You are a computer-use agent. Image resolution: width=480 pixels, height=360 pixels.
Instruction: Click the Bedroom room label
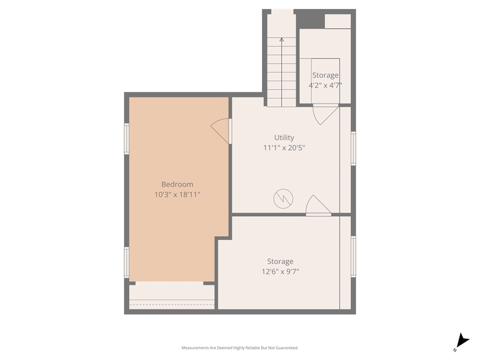click(x=177, y=184)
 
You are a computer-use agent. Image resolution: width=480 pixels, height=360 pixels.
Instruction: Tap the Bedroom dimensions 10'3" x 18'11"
click(x=177, y=194)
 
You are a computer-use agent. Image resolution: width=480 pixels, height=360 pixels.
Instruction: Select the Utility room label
click(x=284, y=138)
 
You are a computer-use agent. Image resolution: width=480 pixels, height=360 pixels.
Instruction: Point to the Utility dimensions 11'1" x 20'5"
click(x=284, y=148)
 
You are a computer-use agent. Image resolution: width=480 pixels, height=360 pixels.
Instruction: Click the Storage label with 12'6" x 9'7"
click(x=280, y=261)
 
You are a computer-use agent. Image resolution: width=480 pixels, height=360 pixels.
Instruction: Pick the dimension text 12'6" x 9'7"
click(x=280, y=272)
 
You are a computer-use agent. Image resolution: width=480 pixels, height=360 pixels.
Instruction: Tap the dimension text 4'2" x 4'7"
click(x=325, y=85)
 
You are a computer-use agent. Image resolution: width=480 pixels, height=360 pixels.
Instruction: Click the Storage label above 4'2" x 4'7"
click(x=325, y=75)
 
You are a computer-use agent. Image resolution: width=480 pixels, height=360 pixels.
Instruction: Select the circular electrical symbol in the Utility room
click(x=283, y=199)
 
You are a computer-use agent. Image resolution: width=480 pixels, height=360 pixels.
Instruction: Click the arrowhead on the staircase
click(x=282, y=39)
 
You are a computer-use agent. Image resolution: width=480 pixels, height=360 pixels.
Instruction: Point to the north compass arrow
click(x=461, y=342)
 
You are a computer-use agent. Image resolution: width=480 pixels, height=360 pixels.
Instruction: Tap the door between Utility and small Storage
click(x=326, y=115)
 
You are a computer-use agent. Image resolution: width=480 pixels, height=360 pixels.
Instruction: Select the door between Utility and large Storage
click(x=318, y=205)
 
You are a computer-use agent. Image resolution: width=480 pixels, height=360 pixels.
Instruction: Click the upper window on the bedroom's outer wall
click(x=126, y=139)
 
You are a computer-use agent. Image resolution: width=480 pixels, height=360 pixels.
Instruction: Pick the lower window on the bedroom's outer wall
click(x=126, y=263)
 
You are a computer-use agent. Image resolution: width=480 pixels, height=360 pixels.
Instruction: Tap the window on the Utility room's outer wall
click(x=353, y=149)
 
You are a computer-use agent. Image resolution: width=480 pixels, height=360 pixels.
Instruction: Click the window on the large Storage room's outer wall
click(x=353, y=257)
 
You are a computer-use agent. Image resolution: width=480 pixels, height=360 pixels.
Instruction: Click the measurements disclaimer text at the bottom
click(x=240, y=348)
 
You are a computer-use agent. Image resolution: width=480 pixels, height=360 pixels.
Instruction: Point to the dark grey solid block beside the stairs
click(x=311, y=19)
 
